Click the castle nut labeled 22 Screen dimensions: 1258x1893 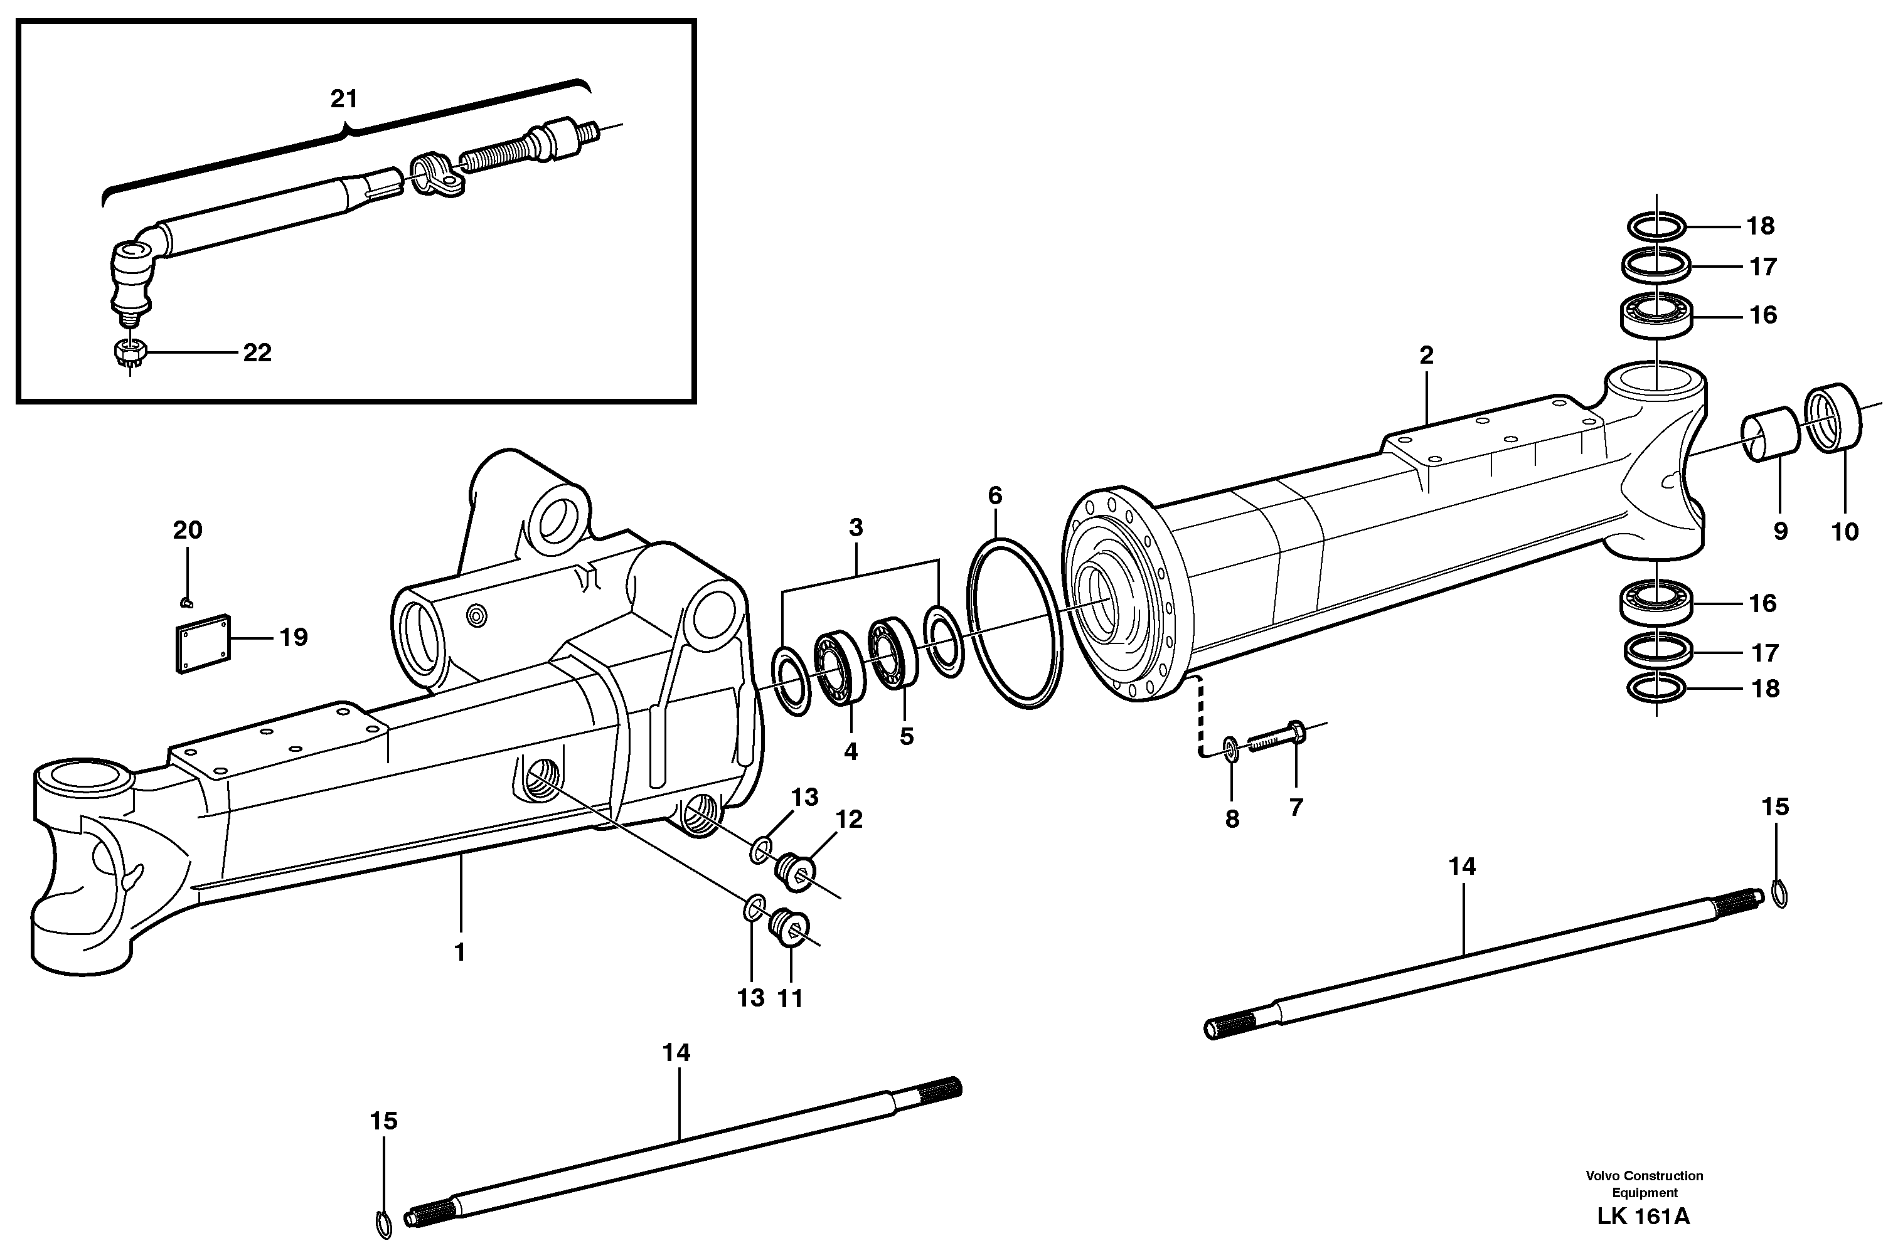(129, 352)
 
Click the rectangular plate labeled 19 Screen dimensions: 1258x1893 (203, 643)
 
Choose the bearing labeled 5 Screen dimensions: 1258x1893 (892, 652)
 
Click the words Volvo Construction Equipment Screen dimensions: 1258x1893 (1643, 1183)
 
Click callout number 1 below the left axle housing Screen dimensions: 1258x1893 (459, 953)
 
